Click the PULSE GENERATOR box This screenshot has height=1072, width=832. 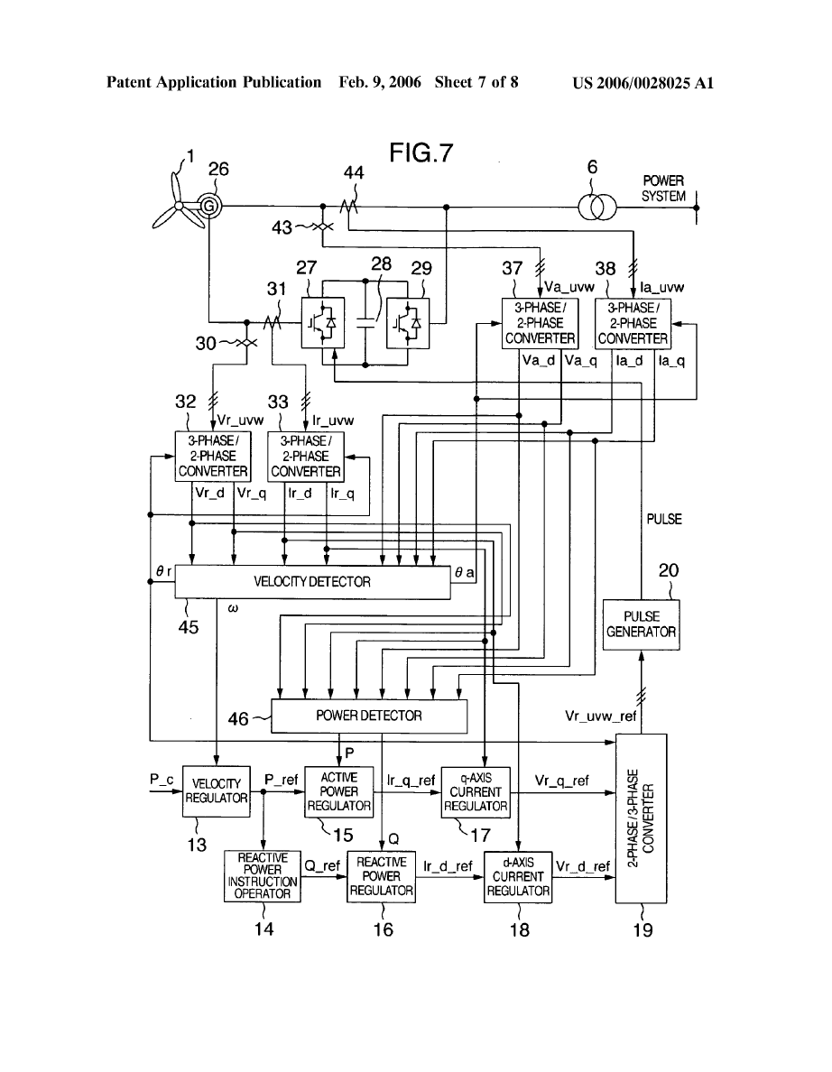tap(642, 624)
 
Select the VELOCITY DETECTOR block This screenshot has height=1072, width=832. tap(311, 582)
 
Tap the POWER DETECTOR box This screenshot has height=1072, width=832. tap(368, 716)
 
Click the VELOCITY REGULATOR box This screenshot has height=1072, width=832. tap(217, 791)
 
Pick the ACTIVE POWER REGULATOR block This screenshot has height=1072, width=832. tap(338, 791)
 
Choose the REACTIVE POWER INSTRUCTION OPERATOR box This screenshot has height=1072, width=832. tap(263, 875)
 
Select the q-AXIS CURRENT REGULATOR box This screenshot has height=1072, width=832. tap(476, 791)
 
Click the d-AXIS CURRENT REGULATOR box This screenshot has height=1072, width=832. tap(518, 875)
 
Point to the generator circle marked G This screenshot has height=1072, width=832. tap(209, 207)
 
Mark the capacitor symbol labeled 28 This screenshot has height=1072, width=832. tap(365, 321)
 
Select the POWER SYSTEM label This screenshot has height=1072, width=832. tap(663, 189)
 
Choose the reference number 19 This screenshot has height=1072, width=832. tap(642, 929)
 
